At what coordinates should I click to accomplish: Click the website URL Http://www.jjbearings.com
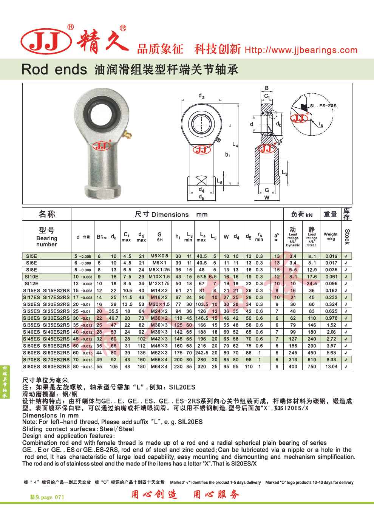click(301, 50)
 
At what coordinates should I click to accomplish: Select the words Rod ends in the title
click(54, 70)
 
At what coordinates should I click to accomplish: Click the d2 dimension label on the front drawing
click(201, 96)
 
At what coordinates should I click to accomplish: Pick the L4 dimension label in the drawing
click(235, 144)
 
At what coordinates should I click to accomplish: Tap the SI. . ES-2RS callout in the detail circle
click(323, 106)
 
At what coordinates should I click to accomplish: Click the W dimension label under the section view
click(267, 197)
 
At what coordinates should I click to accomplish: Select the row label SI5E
click(31, 256)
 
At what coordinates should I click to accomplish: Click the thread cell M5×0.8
click(159, 256)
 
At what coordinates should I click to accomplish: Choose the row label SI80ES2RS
click(56, 367)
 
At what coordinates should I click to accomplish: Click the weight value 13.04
click(331, 367)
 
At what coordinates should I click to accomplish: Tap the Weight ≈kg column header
click(331, 237)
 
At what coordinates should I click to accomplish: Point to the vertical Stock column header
click(347, 237)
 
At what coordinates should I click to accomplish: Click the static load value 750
click(312, 367)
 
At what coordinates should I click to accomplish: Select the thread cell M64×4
click(159, 367)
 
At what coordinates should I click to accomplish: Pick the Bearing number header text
click(47, 241)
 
